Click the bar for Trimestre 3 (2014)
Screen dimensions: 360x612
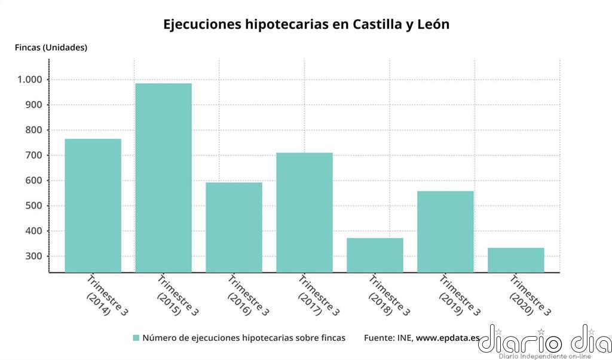(x=93, y=206)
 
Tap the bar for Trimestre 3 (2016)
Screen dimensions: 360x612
(x=234, y=227)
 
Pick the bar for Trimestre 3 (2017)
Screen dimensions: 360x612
(x=304, y=212)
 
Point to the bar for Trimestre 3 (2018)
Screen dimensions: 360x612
(x=375, y=255)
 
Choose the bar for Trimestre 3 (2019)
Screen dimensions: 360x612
(x=445, y=231)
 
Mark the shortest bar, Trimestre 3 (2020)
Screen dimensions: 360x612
(x=516, y=260)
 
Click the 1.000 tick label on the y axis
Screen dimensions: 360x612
(x=29, y=80)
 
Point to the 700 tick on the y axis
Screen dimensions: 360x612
(x=33, y=155)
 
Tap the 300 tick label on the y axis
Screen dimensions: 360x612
(x=33, y=257)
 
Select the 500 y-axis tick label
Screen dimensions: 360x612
(x=33, y=206)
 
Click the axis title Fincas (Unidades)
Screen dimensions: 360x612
(x=51, y=48)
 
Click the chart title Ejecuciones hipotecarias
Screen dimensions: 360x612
(x=306, y=25)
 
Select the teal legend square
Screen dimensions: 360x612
(x=136, y=338)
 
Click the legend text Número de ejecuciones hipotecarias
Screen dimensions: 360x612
(x=244, y=338)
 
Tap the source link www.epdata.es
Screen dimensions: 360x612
(x=448, y=338)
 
